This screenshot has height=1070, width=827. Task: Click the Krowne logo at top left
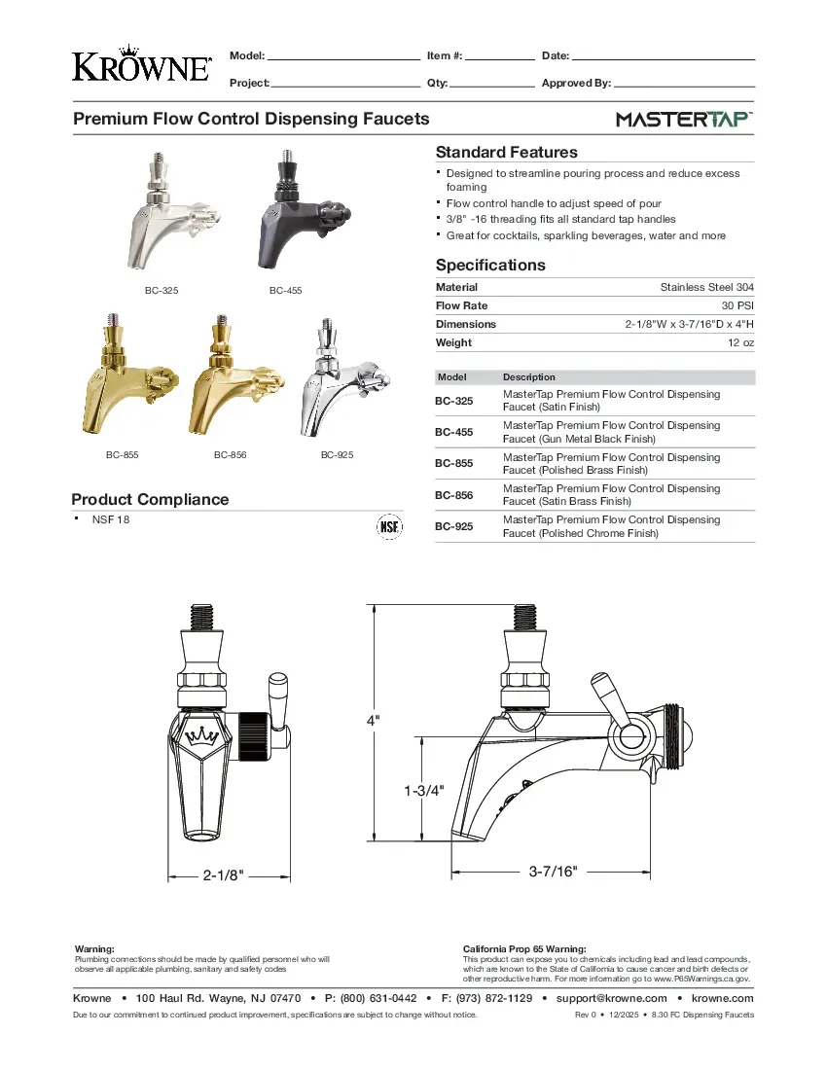click(141, 64)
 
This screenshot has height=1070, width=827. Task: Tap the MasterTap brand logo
click(684, 120)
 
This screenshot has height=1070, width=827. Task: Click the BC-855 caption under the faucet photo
click(122, 455)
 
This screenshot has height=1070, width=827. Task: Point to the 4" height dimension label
click(373, 720)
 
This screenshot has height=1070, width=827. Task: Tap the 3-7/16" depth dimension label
click(553, 872)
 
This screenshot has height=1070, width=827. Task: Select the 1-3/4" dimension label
click(423, 790)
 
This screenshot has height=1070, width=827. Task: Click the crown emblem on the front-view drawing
click(202, 735)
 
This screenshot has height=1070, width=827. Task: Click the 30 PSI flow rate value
click(737, 305)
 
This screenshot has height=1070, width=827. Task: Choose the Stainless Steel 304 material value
click(706, 287)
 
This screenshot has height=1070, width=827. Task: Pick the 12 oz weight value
click(741, 342)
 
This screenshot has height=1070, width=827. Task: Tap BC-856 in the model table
click(453, 495)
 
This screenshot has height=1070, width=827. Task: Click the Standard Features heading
click(506, 152)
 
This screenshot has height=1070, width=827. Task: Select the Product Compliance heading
click(150, 499)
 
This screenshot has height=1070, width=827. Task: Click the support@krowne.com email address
click(610, 998)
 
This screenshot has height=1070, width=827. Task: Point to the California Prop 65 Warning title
click(524, 948)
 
